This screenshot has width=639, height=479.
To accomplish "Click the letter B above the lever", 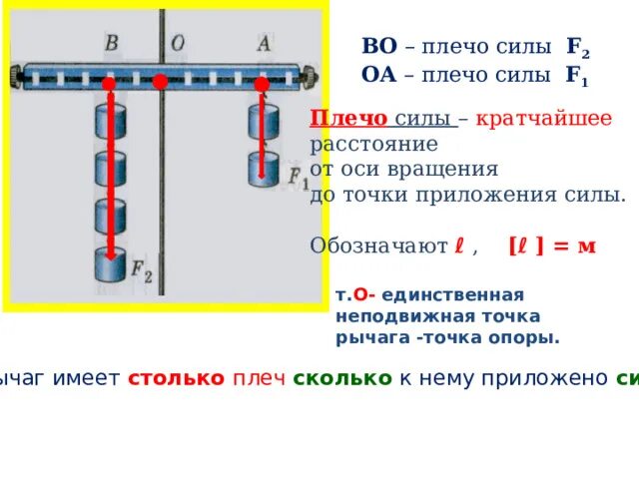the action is pyautogui.click(x=112, y=44).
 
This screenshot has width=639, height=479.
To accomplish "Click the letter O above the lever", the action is pyautogui.click(x=177, y=44).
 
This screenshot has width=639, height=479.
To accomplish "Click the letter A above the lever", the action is pyautogui.click(x=264, y=43).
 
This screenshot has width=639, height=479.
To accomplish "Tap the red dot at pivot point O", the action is pyautogui.click(x=160, y=83).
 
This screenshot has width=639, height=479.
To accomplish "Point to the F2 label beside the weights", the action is pyautogui.click(x=142, y=268).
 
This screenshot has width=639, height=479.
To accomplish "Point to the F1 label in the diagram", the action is pyautogui.click(x=298, y=179).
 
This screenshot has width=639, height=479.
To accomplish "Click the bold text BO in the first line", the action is pyautogui.click(x=379, y=47).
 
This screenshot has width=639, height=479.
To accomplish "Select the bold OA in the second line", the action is pyautogui.click(x=379, y=74).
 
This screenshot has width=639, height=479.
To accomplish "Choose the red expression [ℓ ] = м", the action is pyautogui.click(x=551, y=245).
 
